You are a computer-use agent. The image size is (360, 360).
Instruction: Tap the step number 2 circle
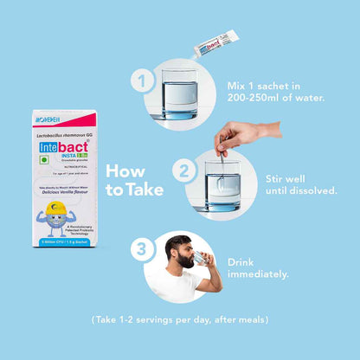pyautogui.click(x=183, y=170)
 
